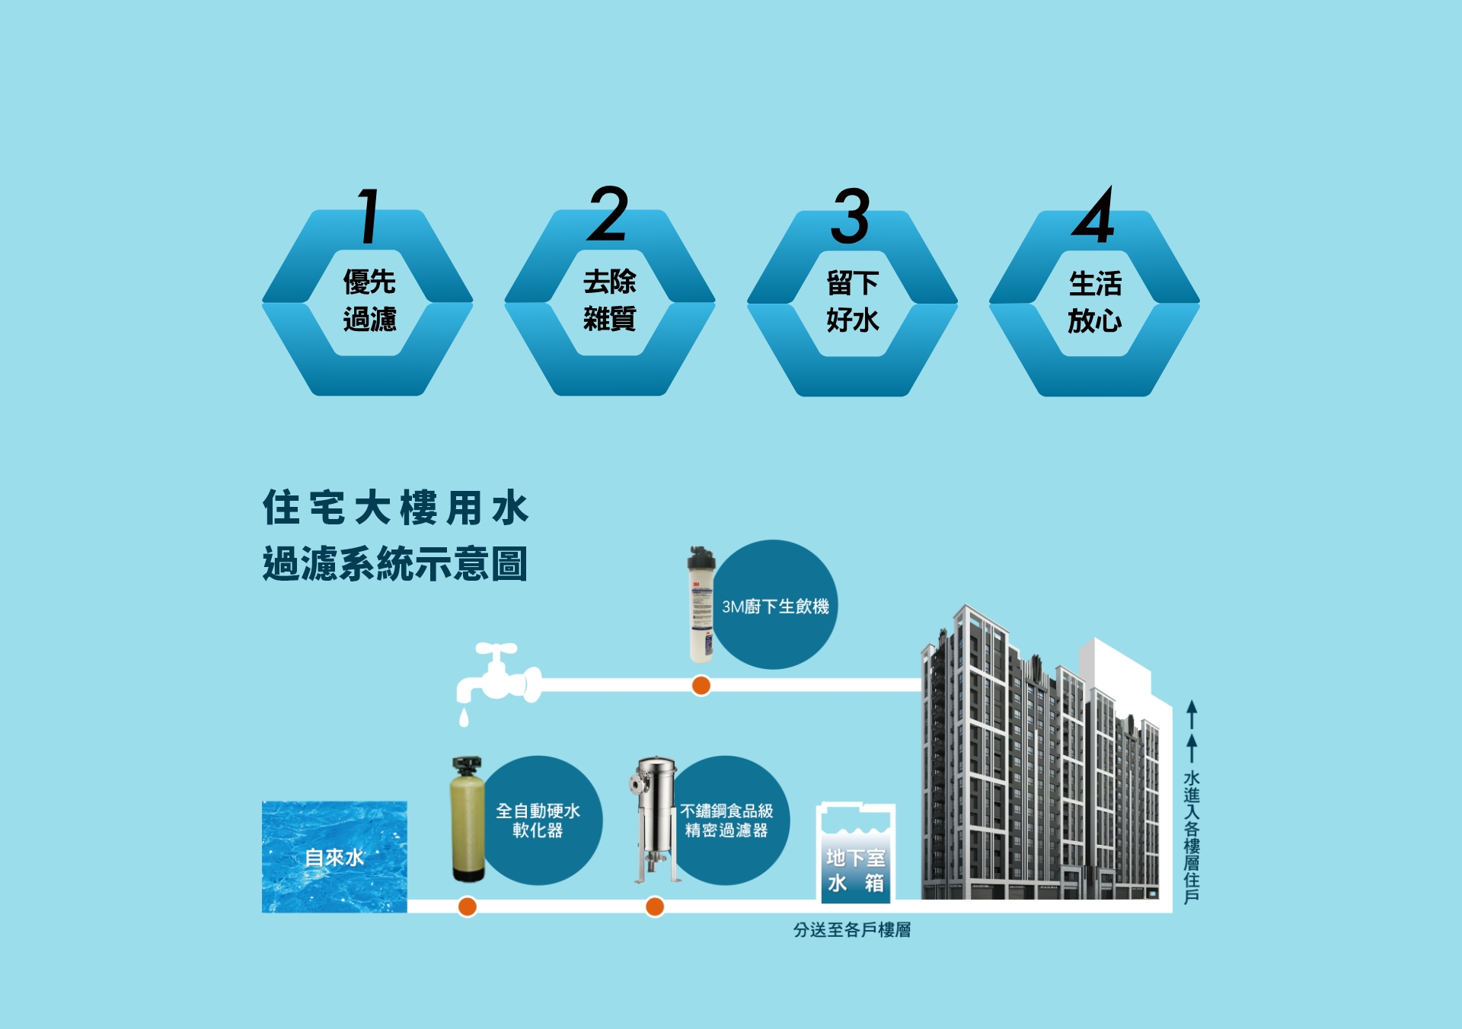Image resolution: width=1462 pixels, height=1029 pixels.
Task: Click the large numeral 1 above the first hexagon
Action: tap(369, 217)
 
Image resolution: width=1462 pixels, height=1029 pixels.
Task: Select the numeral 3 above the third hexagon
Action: tap(851, 217)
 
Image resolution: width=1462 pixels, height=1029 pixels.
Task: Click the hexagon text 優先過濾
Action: tap(369, 301)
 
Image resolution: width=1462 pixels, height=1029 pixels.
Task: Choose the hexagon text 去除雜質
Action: tap(609, 300)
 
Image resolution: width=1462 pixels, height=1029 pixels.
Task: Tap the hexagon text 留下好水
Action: tap(853, 302)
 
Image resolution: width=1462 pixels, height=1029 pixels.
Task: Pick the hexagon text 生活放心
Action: tap(1095, 303)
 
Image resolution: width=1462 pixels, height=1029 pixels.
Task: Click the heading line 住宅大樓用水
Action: tap(395, 508)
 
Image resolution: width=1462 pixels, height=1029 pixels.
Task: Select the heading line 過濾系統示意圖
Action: tap(395, 564)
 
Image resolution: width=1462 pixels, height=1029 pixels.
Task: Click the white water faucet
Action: tap(499, 676)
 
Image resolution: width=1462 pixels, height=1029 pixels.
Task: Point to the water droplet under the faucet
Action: tap(464, 717)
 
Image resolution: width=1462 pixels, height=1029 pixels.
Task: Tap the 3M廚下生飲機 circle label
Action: tap(775, 607)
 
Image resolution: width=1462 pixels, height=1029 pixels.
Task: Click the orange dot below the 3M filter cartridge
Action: tap(701, 686)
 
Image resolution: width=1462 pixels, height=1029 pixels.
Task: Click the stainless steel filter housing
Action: tap(656, 819)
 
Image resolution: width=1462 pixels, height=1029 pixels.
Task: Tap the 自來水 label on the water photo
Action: tap(334, 858)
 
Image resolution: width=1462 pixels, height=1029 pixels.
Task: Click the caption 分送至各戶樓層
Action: tap(852, 930)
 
